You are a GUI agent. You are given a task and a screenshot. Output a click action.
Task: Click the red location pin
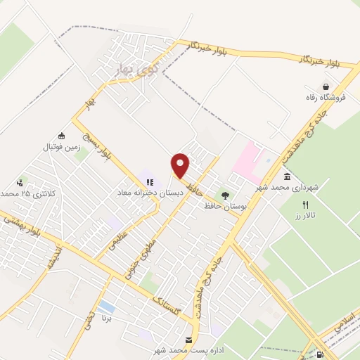(181, 165)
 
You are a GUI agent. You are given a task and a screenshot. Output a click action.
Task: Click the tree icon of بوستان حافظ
(225, 195)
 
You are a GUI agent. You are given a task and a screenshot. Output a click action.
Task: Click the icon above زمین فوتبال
(62, 136)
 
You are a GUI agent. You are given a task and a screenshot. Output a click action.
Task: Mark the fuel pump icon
(321, 354)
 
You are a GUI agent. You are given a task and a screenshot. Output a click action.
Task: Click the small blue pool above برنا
(107, 307)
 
